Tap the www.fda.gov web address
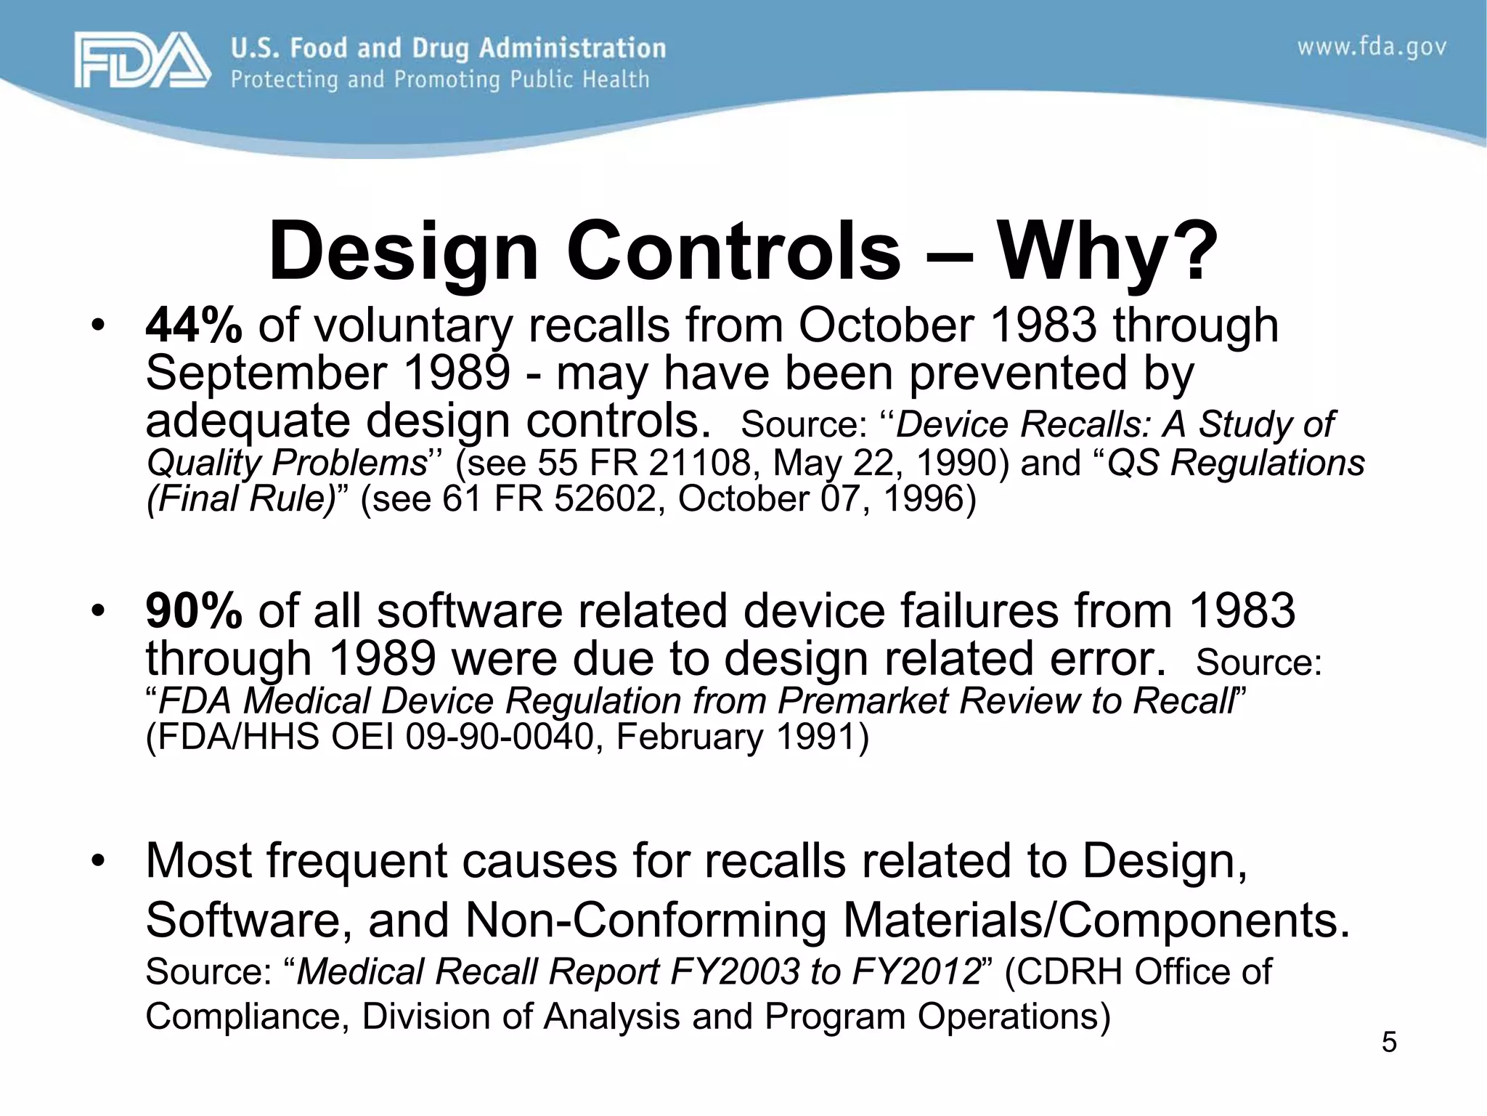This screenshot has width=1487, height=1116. pyautogui.click(x=1372, y=48)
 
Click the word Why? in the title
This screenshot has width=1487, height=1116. pyautogui.click(x=1108, y=251)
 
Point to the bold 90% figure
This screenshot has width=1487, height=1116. pyautogui.click(x=194, y=610)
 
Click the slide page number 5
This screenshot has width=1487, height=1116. pyautogui.click(x=1389, y=1043)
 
